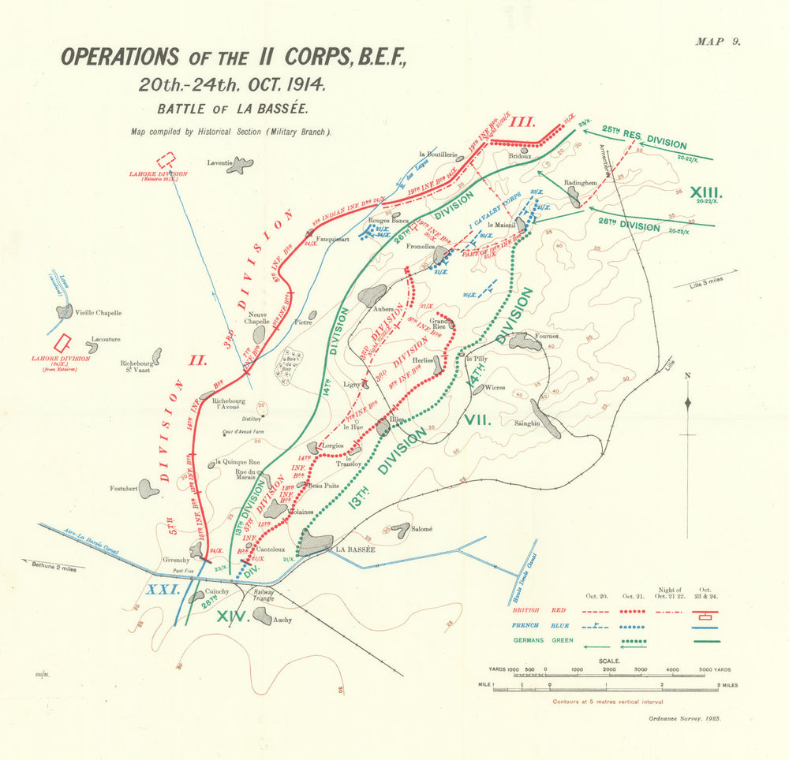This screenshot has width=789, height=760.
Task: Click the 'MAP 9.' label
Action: tap(718, 43)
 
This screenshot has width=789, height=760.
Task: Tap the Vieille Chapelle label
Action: tap(99, 312)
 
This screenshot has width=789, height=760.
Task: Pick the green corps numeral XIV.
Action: tap(233, 617)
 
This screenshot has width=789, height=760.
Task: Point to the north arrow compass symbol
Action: tap(688, 403)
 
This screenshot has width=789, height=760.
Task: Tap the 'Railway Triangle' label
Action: tap(264, 595)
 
